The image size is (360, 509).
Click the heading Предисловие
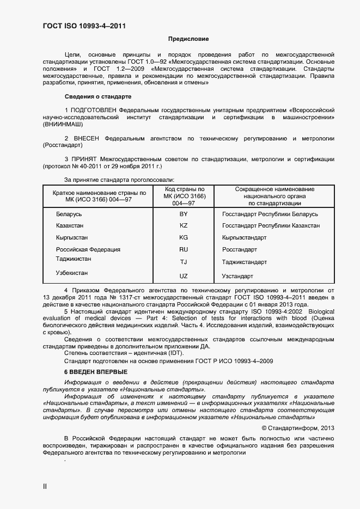coord(188,39)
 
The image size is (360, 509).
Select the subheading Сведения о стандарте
coord(98,96)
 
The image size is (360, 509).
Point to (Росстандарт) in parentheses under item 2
coord(62,145)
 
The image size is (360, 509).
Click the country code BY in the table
coord(184,214)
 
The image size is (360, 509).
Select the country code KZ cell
coord(184,225)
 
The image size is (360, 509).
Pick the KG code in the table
coord(184,238)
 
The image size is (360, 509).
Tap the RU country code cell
coord(184,249)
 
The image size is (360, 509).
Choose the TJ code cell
coord(184,262)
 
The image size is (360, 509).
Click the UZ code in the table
coord(184,276)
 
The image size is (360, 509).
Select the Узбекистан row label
coord(72,273)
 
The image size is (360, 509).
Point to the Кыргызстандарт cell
coord(244,238)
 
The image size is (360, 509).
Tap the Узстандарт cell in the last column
coord(237,276)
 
